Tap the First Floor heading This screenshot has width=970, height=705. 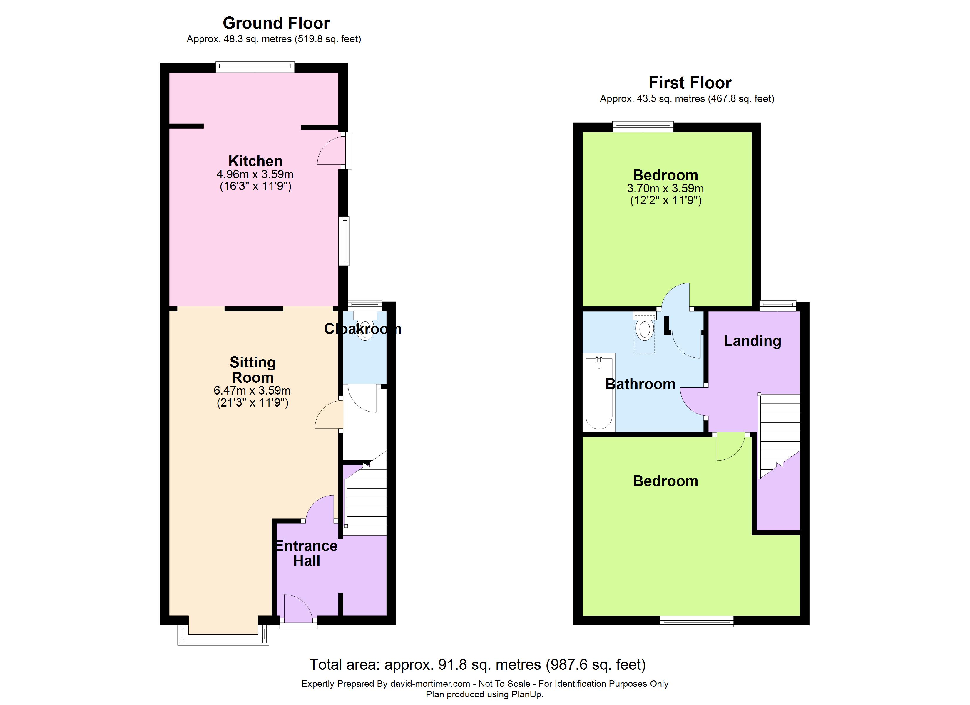(690, 83)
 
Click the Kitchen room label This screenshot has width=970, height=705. (255, 161)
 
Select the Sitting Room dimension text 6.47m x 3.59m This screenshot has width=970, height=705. (252, 390)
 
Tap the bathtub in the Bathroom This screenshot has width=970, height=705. (599, 392)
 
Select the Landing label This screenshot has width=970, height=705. (752, 341)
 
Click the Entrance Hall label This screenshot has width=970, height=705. (306, 553)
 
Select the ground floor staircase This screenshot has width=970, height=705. (366, 498)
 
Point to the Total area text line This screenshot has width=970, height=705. (477, 664)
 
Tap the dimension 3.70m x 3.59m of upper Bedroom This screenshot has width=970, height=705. (665, 188)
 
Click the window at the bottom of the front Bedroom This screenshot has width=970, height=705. (697, 621)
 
